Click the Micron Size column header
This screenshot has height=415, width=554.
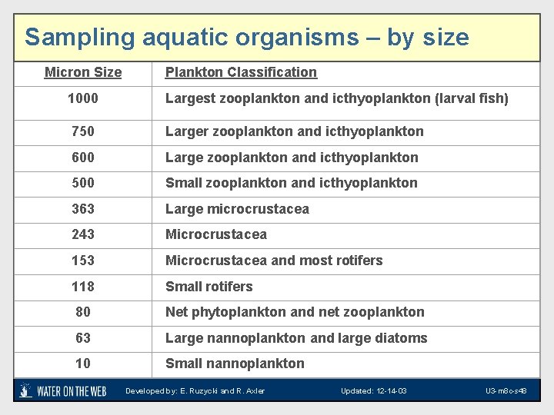(x=83, y=72)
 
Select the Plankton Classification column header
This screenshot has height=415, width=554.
(x=241, y=72)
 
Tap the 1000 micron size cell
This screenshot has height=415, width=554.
(x=83, y=98)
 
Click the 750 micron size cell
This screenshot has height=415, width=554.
(x=83, y=131)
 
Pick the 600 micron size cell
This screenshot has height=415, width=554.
(x=83, y=158)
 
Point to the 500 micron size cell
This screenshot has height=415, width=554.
(x=83, y=183)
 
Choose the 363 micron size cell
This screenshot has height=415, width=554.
(x=83, y=209)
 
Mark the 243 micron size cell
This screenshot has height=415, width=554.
(x=83, y=234)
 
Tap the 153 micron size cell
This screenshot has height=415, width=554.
(x=83, y=261)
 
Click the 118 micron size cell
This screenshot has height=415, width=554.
(x=83, y=287)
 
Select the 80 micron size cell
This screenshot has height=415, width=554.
(x=83, y=312)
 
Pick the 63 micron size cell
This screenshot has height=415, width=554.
(x=83, y=338)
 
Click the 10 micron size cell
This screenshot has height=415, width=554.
(x=83, y=364)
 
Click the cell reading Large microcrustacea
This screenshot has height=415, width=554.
(x=237, y=209)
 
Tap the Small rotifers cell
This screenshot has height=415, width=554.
(x=209, y=287)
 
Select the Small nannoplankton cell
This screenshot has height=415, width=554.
(x=235, y=364)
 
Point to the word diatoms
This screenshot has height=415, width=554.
(x=403, y=338)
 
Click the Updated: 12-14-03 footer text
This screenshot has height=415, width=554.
(x=374, y=391)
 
